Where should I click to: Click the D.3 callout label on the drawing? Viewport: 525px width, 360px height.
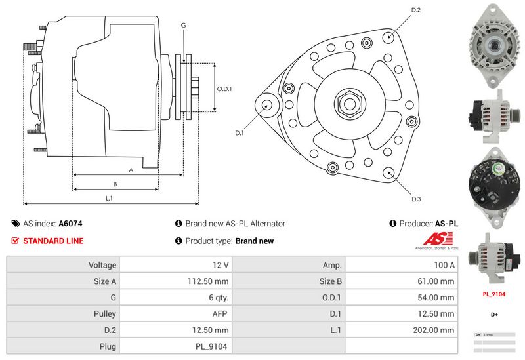click(415, 199)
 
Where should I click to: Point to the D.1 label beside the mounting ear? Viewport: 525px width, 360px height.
click(240, 133)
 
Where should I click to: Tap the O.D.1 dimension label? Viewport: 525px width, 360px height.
click(225, 89)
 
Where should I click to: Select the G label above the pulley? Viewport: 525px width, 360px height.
click(183, 25)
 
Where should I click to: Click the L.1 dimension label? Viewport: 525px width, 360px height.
click(110, 197)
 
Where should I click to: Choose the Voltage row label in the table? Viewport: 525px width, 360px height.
click(63, 265)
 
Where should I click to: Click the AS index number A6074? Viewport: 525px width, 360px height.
click(70, 224)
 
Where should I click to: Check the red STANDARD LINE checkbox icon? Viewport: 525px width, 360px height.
click(15, 241)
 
